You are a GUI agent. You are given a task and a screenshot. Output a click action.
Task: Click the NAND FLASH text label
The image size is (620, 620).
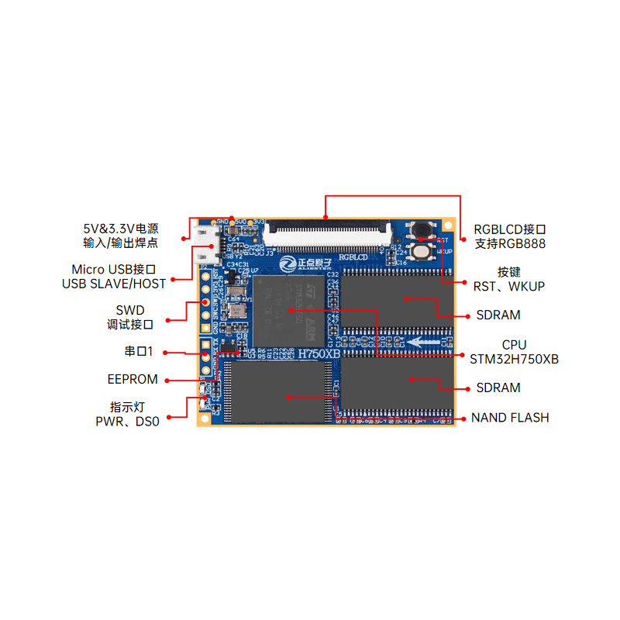tap(509, 418)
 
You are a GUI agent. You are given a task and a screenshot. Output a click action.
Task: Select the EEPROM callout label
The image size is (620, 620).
tap(133, 380)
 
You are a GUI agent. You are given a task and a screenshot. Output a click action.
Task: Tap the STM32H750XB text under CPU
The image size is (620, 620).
tap(514, 359)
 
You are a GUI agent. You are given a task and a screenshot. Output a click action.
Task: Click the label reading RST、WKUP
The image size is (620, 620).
tap(508, 287)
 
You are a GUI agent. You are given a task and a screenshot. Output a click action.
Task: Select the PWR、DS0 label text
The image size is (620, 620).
tap(128, 422)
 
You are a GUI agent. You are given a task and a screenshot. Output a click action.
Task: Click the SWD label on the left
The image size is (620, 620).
tap(130, 310)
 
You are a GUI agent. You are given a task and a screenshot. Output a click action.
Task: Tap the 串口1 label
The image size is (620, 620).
tap(139, 351)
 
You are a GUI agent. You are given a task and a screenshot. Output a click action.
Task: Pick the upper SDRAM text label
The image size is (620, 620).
tap(498, 315)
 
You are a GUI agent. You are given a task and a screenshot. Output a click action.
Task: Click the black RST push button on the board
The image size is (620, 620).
tap(422, 230)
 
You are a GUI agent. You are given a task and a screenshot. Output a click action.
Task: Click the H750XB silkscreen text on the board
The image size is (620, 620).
tap(319, 353)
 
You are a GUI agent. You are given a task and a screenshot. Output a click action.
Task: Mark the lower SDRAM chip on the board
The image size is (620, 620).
tap(395, 382)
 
